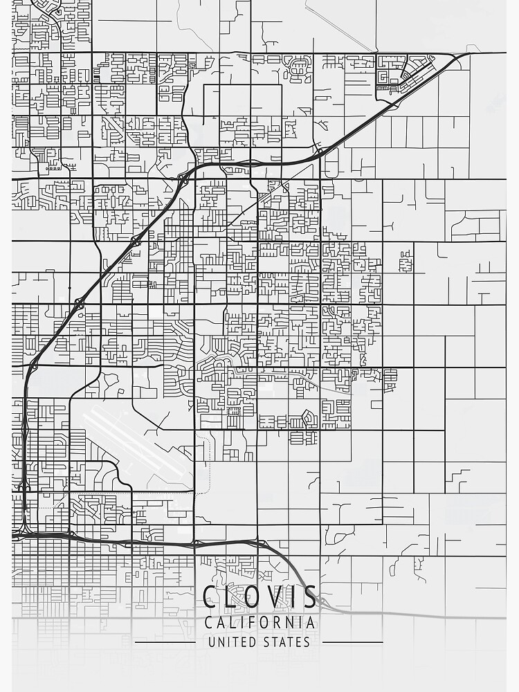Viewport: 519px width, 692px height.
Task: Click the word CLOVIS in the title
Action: [259, 597]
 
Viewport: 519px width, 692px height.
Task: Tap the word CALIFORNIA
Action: [259, 623]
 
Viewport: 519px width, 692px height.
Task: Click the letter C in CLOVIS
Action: [211, 597]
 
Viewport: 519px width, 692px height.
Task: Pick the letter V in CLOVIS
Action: [272, 597]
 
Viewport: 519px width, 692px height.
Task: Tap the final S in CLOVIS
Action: [309, 597]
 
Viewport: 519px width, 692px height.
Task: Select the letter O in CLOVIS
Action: [252, 597]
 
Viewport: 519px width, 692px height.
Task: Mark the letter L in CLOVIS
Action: [231, 597]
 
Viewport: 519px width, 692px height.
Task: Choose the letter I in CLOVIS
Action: [291, 597]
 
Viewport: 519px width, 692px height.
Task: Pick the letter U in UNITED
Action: [212, 642]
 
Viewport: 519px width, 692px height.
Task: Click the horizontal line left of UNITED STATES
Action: [166, 642]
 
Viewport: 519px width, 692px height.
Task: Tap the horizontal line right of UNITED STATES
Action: [353, 642]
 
